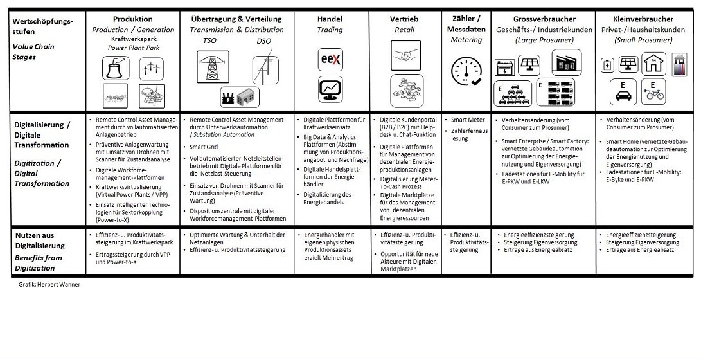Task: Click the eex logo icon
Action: point(331,60)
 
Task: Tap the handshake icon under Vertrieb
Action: point(405,55)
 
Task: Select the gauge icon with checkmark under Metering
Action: point(467,71)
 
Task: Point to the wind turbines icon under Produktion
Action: point(151,67)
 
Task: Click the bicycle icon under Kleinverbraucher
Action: point(653,91)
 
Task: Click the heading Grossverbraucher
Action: point(544,19)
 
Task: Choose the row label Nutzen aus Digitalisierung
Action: point(39,240)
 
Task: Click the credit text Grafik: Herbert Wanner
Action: point(49,284)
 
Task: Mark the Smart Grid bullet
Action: point(205,147)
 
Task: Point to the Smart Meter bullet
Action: point(468,120)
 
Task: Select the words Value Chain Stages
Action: point(33,51)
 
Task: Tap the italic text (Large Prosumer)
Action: point(544,40)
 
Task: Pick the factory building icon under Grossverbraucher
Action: point(566,63)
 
